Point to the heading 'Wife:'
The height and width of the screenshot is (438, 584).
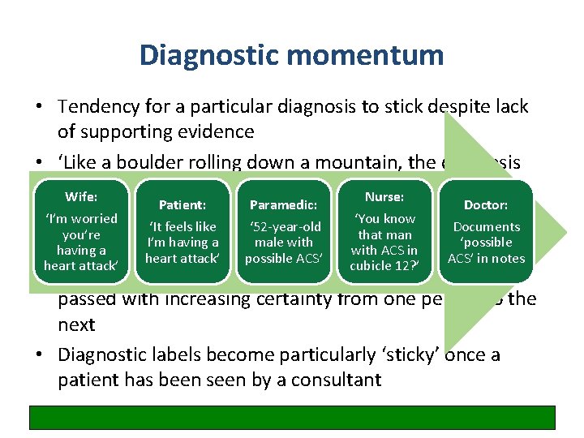(x=80, y=197)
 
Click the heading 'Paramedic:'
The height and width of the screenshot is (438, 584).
(x=283, y=205)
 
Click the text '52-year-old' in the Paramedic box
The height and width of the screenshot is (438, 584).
(x=284, y=227)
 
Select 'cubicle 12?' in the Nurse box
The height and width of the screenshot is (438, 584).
(x=384, y=266)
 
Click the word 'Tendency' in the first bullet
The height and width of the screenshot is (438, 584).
(x=97, y=107)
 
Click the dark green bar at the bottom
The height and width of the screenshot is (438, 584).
(x=292, y=417)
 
